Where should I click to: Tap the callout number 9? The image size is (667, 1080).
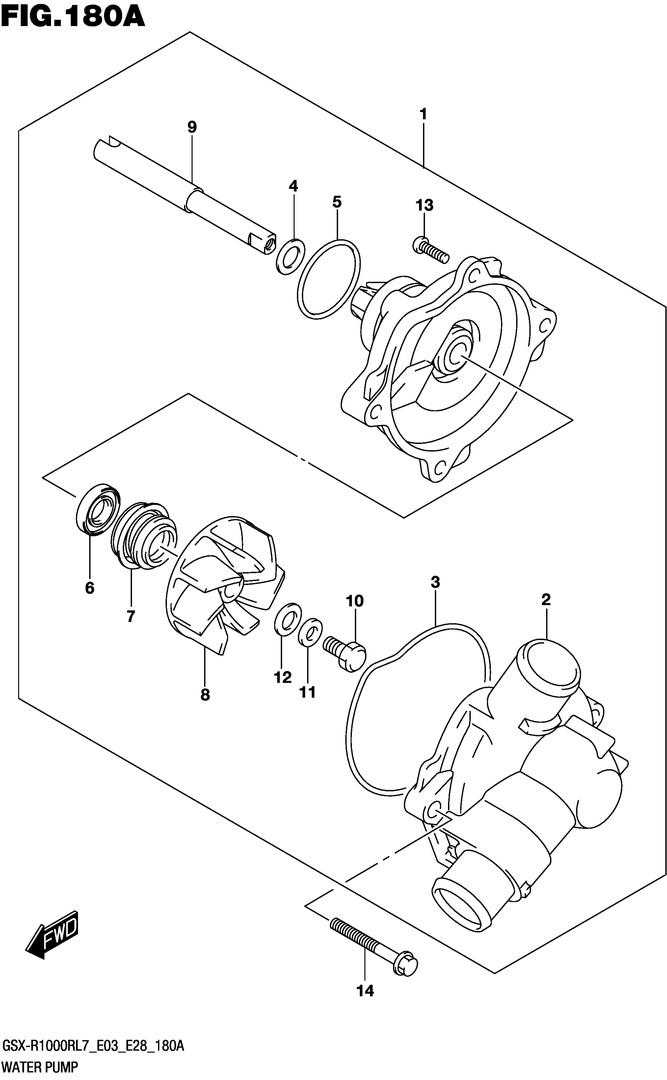192,127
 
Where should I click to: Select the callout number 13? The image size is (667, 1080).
425,205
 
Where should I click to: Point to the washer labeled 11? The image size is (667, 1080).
311,632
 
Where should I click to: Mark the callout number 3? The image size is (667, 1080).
435,582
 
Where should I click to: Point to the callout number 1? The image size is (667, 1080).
423,114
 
